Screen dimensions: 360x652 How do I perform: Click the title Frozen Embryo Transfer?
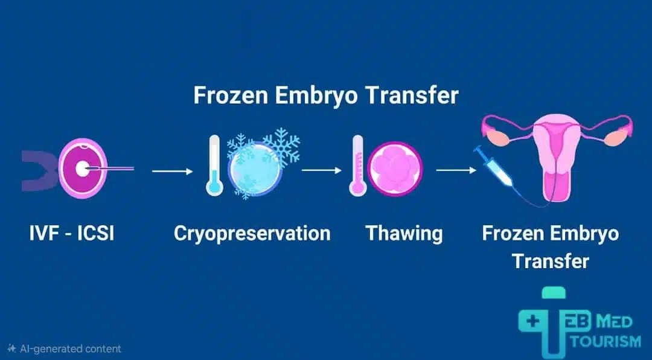tap(325, 96)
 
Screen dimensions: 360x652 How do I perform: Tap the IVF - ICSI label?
tap(71, 233)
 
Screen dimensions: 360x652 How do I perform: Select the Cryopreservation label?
tap(252, 233)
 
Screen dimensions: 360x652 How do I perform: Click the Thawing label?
tap(404, 233)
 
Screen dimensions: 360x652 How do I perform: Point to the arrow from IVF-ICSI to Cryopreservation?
tap(173, 171)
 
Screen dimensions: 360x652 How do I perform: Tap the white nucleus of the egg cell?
tap(81, 169)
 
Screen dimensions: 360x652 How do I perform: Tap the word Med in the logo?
tap(618, 321)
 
